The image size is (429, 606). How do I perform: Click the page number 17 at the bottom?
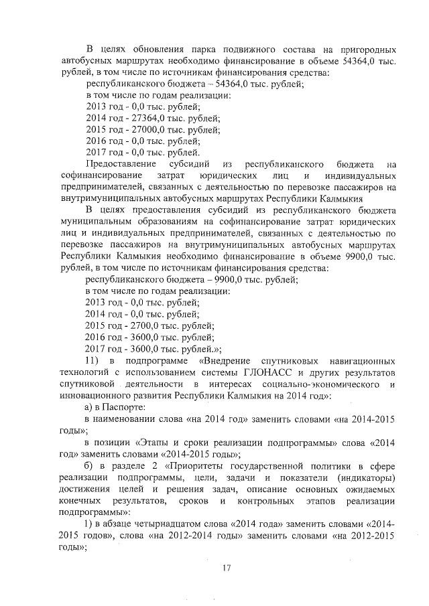(x=226, y=569)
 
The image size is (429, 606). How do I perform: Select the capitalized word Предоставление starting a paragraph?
(x=122, y=164)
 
